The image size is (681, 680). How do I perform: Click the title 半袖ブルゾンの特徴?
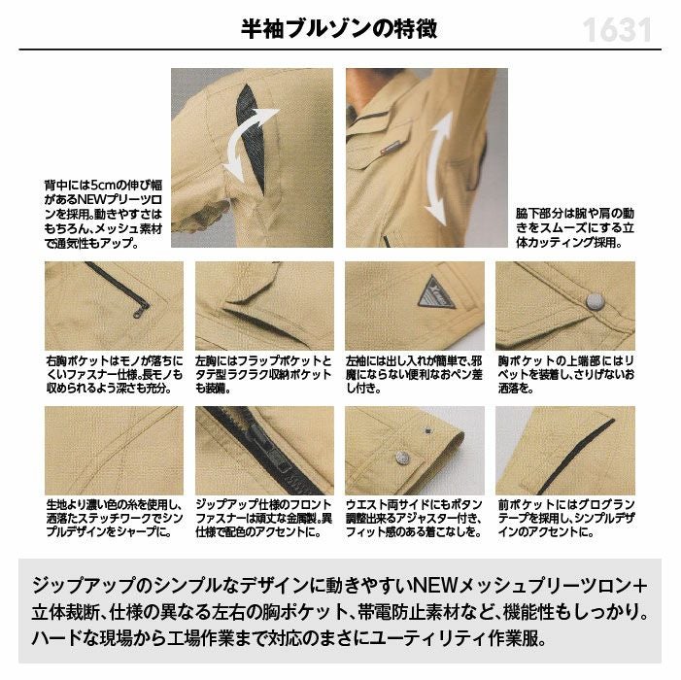tap(339, 29)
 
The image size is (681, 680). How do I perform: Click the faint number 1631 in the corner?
tap(617, 30)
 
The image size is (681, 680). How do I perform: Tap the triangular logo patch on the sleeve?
tap(436, 292)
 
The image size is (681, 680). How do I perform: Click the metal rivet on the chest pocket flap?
tap(595, 301)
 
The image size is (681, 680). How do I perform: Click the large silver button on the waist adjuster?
tap(403, 458)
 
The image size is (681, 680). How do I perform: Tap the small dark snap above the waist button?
tap(428, 430)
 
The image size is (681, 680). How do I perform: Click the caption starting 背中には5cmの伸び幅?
tap(103, 214)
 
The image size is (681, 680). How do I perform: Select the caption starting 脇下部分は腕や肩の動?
tap(575, 228)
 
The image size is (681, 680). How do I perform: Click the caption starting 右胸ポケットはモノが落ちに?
tap(115, 374)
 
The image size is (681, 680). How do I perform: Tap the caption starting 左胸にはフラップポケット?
tap(263, 374)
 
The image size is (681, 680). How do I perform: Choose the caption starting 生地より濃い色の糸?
tap(115, 518)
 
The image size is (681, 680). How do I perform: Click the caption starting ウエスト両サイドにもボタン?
tap(415, 518)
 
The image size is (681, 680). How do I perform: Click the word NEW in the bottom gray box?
tap(435, 586)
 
